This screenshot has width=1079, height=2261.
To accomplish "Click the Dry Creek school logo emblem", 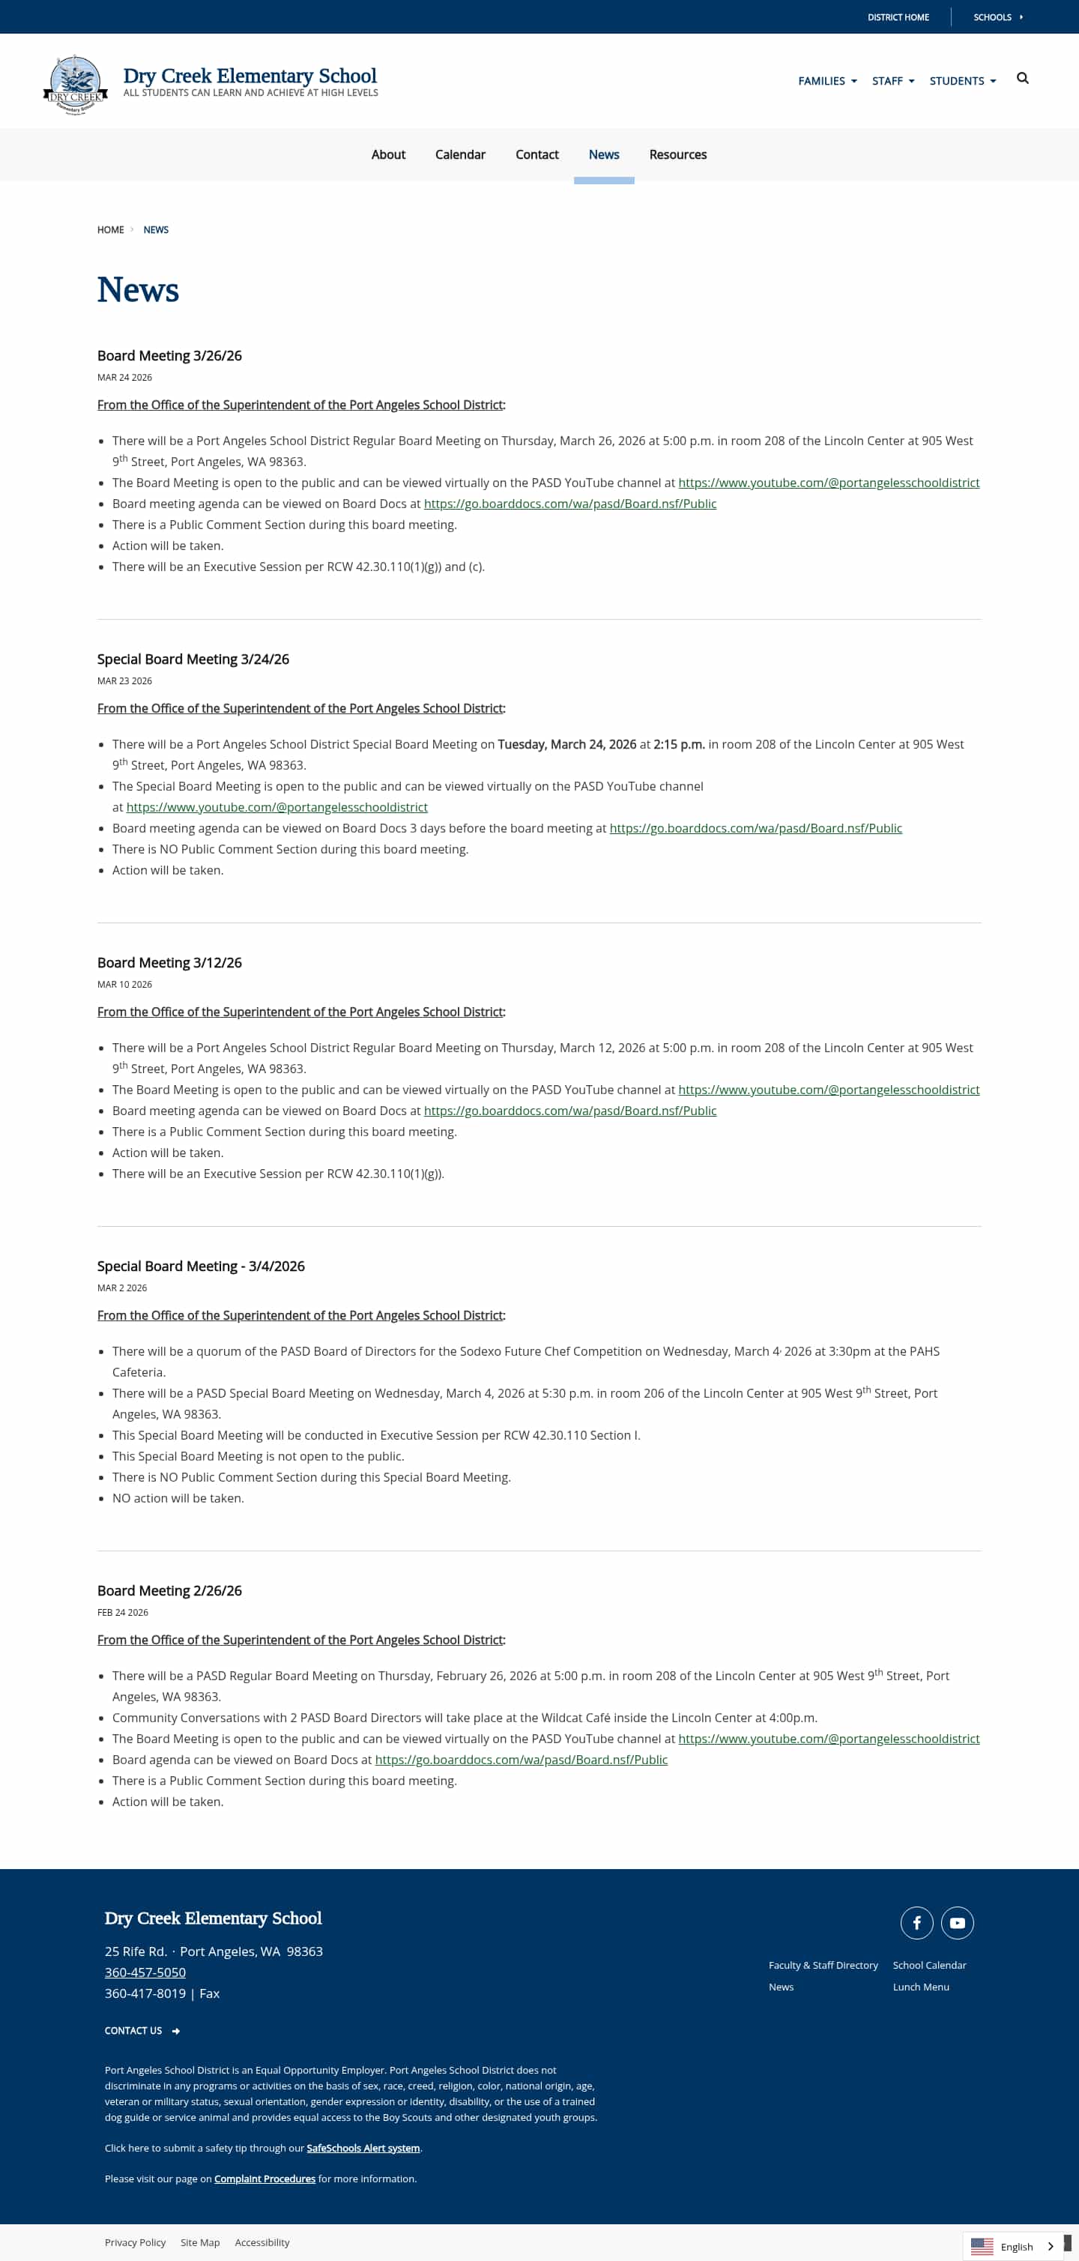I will (76, 84).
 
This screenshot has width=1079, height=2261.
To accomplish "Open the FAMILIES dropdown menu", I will (826, 81).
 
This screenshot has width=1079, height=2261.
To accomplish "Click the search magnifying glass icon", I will (1022, 79).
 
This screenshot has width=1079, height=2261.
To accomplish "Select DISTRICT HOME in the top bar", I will (898, 17).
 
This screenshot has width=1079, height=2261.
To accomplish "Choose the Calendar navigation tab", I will (459, 154).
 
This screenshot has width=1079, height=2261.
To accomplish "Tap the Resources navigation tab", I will (677, 154).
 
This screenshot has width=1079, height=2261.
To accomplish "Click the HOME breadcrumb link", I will (111, 230).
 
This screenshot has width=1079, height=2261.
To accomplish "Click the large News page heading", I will (138, 291).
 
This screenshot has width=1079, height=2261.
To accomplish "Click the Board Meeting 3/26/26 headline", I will (169, 355).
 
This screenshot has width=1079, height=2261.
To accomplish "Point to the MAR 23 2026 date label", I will (124, 681).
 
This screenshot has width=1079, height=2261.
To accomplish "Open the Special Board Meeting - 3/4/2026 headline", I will (201, 1266).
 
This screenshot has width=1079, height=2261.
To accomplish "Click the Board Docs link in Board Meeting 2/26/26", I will (521, 1760).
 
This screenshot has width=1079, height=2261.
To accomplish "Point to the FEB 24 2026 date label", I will (123, 1612).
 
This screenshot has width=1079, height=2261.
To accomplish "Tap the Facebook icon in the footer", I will (916, 1923).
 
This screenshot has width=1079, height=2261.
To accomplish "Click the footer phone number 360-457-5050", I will (145, 1972).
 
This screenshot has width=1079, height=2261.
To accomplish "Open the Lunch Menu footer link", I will (920, 1987).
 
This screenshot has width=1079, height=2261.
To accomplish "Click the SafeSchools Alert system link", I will (363, 2148).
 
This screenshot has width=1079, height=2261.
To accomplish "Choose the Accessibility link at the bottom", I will (262, 2242).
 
